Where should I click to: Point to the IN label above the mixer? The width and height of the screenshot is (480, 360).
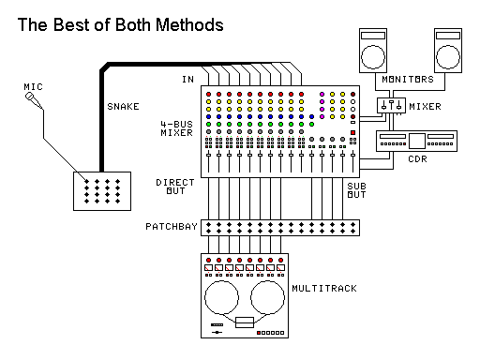pyautogui.click(x=187, y=79)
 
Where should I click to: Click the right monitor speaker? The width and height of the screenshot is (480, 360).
pyautogui.click(x=449, y=48)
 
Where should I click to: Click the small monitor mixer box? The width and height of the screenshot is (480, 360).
pyautogui.click(x=390, y=107)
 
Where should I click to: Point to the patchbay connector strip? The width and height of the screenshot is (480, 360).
pyautogui.click(x=280, y=227)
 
